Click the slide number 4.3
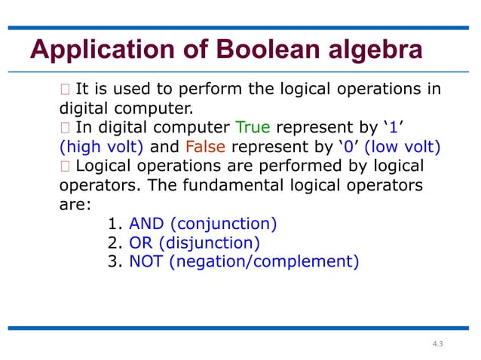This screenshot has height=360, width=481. click(x=438, y=344)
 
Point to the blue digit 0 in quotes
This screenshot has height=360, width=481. click(x=349, y=146)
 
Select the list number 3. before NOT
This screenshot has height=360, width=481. click(x=117, y=262)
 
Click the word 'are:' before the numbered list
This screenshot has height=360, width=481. click(x=73, y=204)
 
